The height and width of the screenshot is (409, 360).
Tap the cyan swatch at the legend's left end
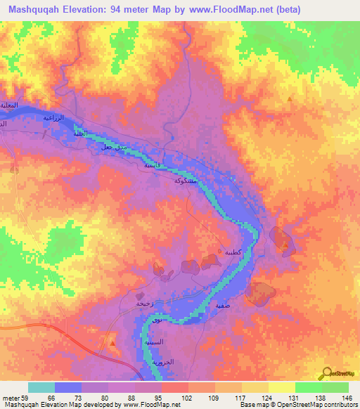(x=41, y=387)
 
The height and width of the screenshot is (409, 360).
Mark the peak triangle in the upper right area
(x=291, y=100)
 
